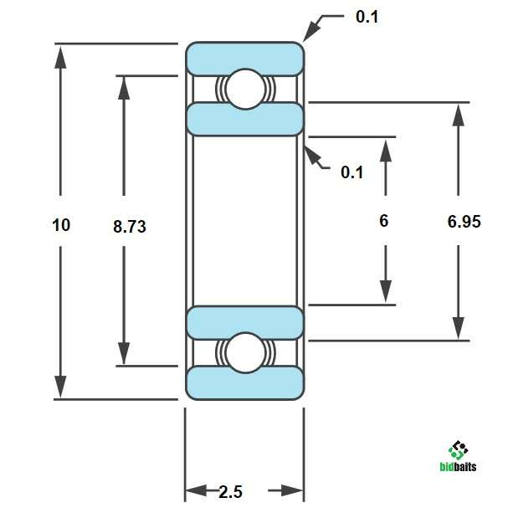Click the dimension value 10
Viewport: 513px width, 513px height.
(x=61, y=224)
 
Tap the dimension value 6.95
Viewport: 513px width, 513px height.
(x=464, y=222)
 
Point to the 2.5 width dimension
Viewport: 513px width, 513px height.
(x=231, y=491)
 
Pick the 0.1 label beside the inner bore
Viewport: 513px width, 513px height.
(x=352, y=172)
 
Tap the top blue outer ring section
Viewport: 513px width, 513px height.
(x=244, y=58)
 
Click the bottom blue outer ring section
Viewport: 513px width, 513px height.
(x=244, y=382)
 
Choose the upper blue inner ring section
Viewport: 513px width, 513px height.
(x=244, y=119)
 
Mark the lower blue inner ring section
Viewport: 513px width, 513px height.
(x=244, y=322)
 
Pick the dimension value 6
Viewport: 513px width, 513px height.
(x=384, y=221)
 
